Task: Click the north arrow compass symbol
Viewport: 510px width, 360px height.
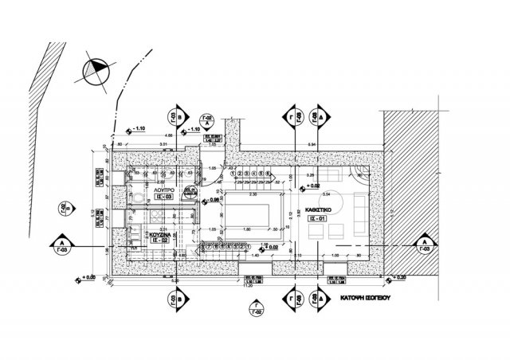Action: (x=94, y=71)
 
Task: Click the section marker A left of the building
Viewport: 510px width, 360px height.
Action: (x=61, y=244)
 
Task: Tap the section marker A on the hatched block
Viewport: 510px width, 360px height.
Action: (x=425, y=244)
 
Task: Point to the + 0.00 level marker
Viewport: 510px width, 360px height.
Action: (x=88, y=277)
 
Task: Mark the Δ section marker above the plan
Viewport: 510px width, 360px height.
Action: (x=319, y=118)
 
